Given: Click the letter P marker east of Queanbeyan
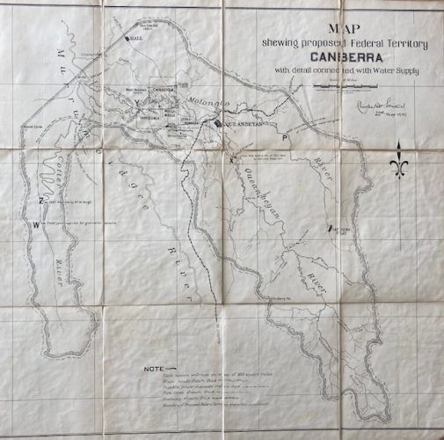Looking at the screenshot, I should pyautogui.click(x=284, y=139).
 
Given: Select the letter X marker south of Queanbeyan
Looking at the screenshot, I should pyautogui.click(x=232, y=160).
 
